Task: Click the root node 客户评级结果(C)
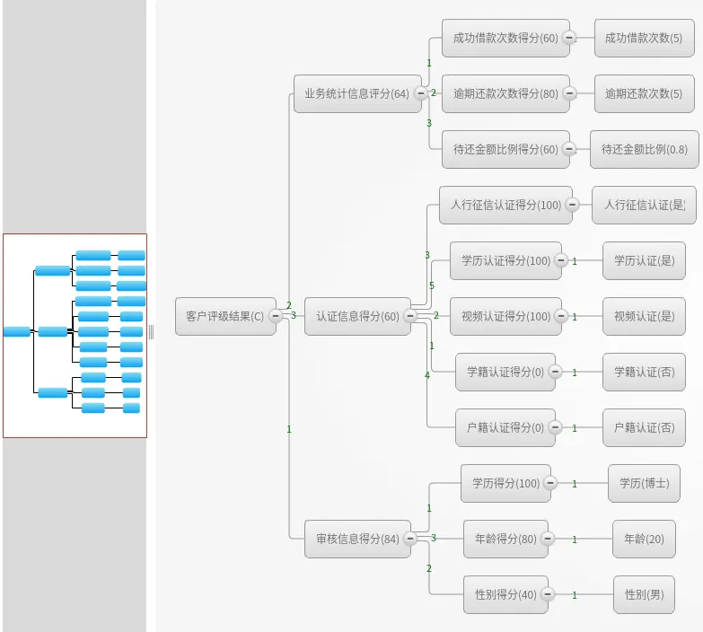coord(224,316)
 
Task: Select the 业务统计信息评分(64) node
coord(356,93)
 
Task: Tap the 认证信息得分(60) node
coord(357,316)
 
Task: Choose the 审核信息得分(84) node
coord(357,539)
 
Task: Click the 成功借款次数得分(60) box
coord(505,38)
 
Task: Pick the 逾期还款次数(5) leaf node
coord(643,93)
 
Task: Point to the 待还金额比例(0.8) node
coord(644,149)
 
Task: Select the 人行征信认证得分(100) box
coord(505,205)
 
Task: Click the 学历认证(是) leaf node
coord(644,260)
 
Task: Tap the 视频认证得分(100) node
coord(505,316)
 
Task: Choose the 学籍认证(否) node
coord(644,372)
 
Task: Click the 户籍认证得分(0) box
coord(505,427)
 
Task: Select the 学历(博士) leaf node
coord(644,483)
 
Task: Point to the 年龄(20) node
coord(644,539)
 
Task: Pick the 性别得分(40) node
coord(505,594)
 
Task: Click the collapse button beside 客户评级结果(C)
coord(276,315)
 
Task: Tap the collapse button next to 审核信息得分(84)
coord(410,539)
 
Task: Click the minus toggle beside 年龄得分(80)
coord(548,539)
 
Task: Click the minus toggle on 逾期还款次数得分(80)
coord(569,93)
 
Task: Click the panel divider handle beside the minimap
coord(151,332)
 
